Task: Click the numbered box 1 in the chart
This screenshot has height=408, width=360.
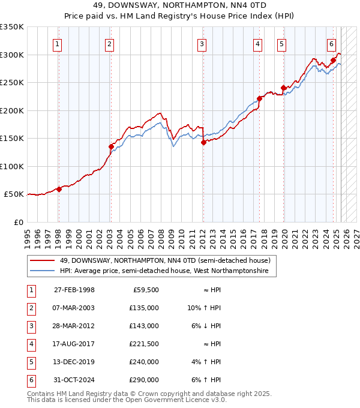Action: pos(57,44)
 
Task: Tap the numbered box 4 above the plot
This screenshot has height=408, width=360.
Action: pos(257,44)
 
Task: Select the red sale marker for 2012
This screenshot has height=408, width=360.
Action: pos(203,142)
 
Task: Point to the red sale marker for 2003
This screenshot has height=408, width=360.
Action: pos(111,146)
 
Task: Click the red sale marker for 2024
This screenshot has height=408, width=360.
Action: pos(333,60)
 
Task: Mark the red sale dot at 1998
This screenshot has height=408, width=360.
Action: pos(59,189)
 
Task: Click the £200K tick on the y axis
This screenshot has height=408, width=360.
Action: pos(12,110)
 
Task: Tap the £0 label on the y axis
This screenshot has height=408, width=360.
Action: pos(18,222)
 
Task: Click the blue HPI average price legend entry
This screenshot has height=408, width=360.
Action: pos(167,271)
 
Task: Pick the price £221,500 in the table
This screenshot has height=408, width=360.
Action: pos(145,344)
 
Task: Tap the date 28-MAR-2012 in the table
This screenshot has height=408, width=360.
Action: pos(74,326)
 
